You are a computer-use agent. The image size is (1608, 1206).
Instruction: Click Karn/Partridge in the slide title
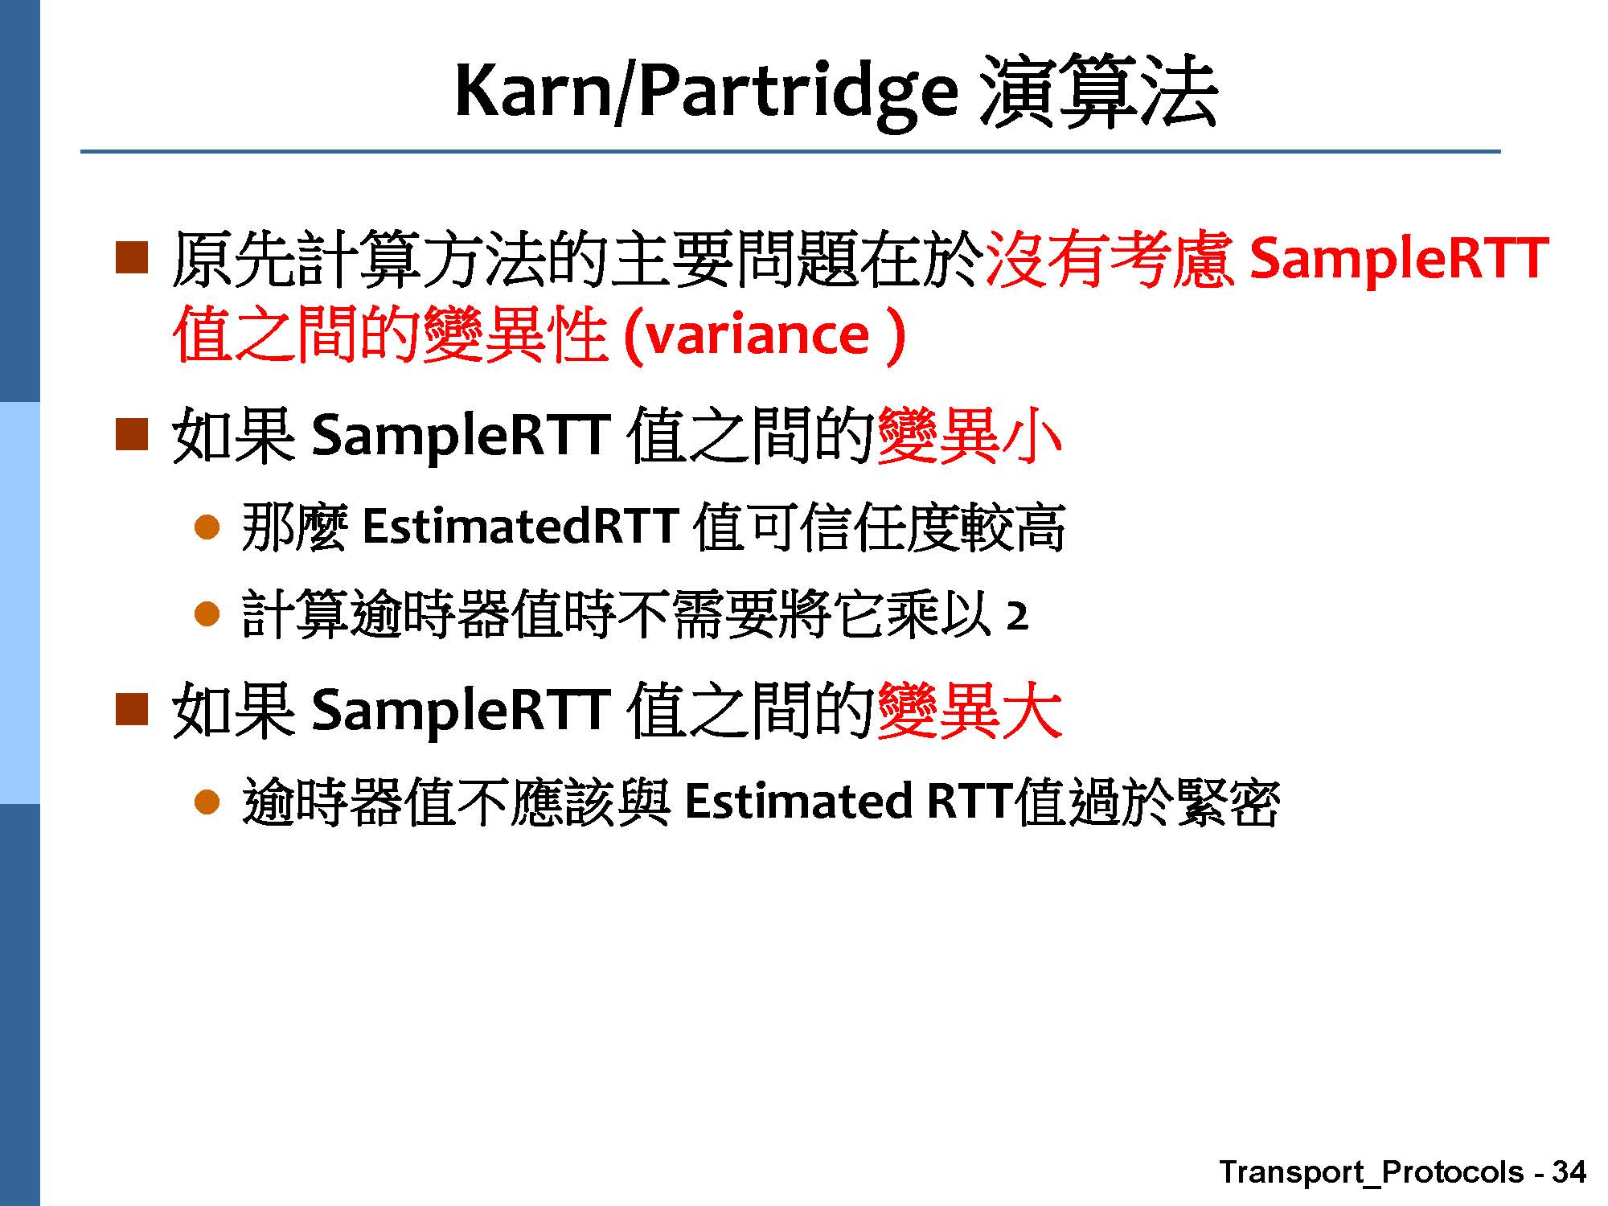(707, 92)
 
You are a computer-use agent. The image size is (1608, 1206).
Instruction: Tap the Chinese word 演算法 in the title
(1098, 92)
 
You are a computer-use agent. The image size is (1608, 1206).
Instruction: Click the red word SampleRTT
(1400, 258)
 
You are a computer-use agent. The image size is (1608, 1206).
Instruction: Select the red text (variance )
(765, 335)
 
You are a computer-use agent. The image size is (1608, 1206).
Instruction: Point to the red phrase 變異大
(970, 711)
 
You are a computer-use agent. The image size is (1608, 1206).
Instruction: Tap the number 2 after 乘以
(1017, 617)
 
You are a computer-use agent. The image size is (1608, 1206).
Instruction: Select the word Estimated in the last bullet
(798, 802)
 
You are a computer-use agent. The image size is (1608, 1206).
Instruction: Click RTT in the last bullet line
(970, 802)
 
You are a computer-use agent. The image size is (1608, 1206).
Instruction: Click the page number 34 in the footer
(1569, 1171)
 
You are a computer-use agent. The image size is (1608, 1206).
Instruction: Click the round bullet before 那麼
(207, 527)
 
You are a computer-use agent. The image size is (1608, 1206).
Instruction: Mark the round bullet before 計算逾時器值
(207, 615)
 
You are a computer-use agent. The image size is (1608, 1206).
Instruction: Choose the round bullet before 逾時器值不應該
(207, 802)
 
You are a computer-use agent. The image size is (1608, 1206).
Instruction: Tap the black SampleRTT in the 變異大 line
(460, 711)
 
